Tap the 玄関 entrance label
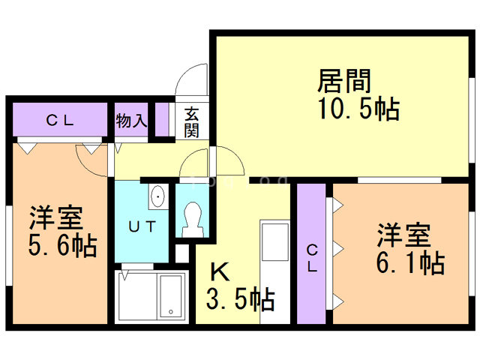192,122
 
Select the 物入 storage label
131,121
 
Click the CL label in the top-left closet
58,120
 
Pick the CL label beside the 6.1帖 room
311,258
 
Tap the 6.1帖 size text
410,263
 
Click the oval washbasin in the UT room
158,197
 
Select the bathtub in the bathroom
172,295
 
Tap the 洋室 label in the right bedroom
403,235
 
